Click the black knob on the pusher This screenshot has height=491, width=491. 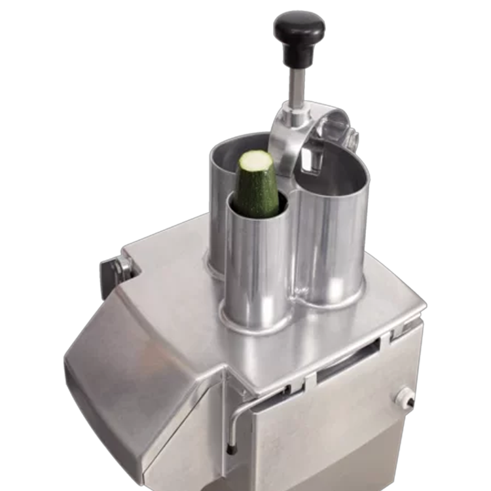point(299,29)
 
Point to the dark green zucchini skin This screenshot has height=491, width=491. point(257,193)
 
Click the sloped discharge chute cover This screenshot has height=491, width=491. point(137,367)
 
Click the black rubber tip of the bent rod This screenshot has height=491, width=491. point(231,450)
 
